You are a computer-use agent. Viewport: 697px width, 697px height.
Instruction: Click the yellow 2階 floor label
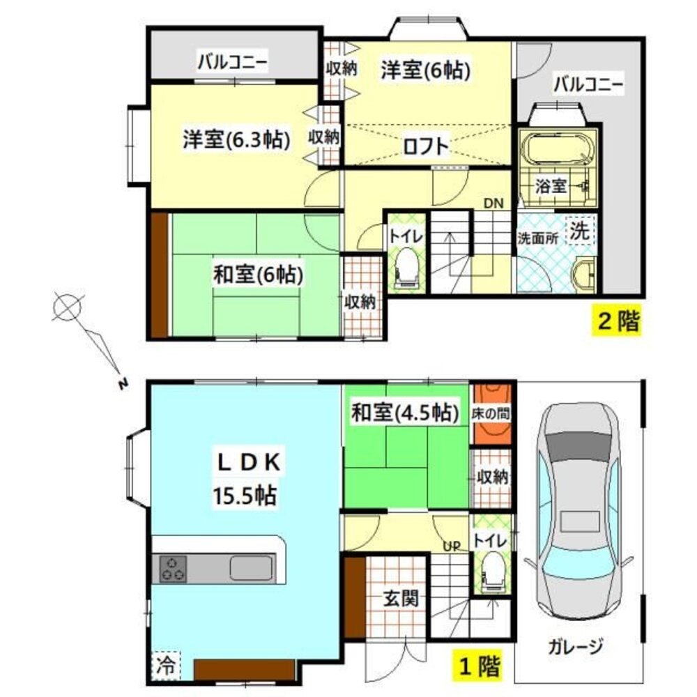(x=616, y=322)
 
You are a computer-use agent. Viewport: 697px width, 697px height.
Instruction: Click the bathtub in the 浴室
(x=558, y=150)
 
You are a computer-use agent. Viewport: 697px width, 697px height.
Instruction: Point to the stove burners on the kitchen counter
(x=174, y=568)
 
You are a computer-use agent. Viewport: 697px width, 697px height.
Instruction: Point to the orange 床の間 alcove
(x=491, y=413)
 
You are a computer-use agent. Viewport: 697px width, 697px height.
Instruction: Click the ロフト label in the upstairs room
(x=424, y=146)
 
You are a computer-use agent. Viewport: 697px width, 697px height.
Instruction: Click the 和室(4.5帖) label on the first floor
(x=404, y=413)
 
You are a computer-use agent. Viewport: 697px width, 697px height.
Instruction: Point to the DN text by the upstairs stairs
(x=493, y=204)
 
